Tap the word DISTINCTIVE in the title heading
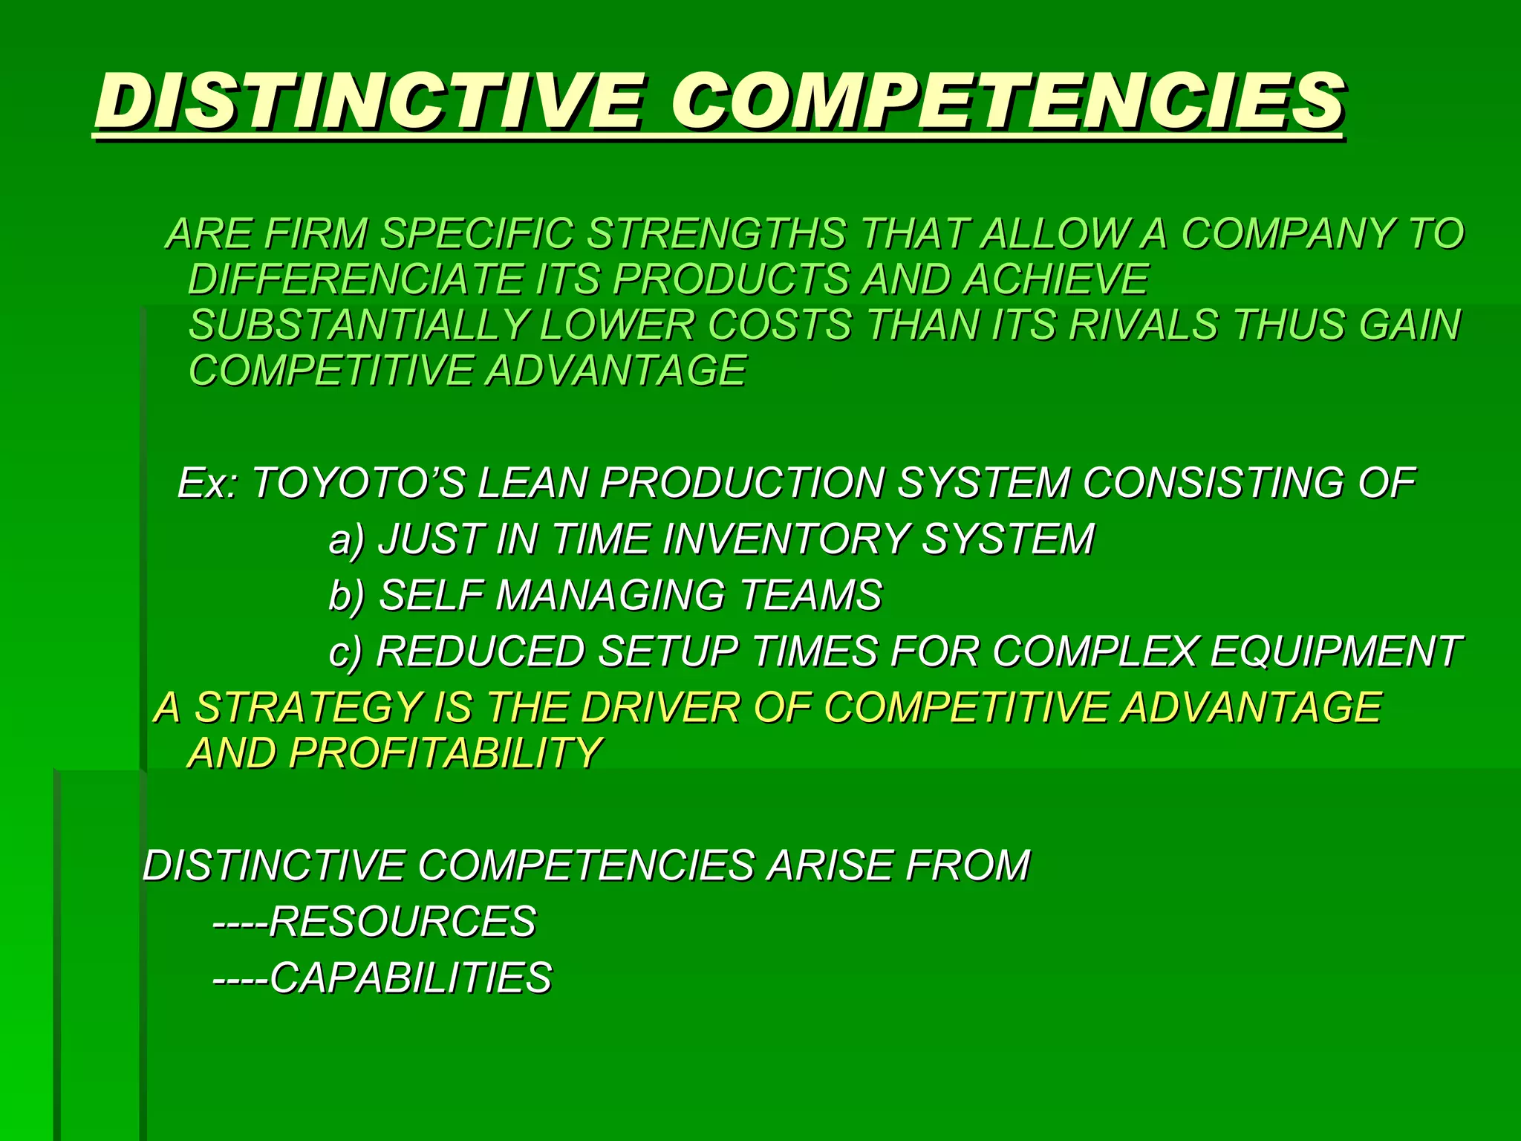[x=368, y=102]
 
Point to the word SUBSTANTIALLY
[x=358, y=325]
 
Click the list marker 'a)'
[x=347, y=539]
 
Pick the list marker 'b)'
[x=347, y=595]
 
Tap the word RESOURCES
[x=402, y=922]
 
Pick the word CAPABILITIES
[x=411, y=978]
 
